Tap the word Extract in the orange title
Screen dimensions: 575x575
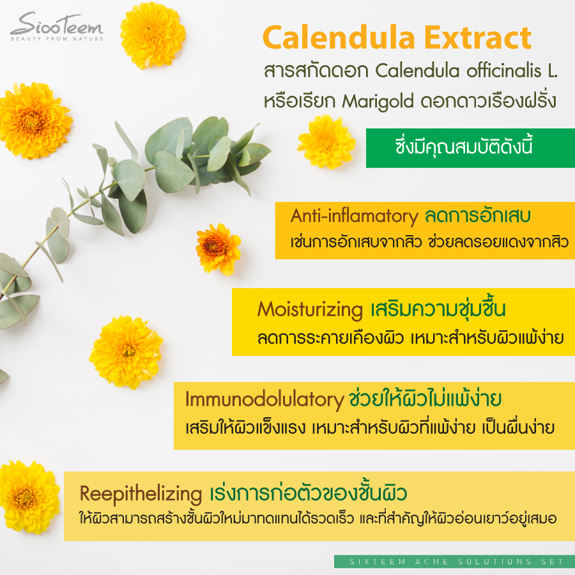[x=482, y=38]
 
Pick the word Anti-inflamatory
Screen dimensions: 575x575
[x=353, y=217]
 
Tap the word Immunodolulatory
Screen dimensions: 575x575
[x=264, y=400]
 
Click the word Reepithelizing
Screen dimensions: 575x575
[x=141, y=494]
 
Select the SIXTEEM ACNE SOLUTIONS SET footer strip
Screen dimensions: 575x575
[x=454, y=562]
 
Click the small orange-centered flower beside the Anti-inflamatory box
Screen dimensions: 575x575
[x=218, y=248]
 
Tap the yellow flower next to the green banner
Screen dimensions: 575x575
[x=326, y=142]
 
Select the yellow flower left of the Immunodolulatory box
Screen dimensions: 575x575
[x=126, y=351]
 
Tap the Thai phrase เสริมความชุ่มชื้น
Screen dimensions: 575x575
[x=438, y=310]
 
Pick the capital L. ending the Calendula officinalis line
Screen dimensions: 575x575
[x=552, y=71]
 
